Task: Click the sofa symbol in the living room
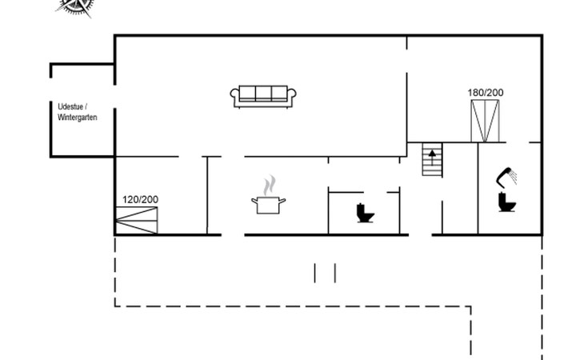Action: (x=263, y=97)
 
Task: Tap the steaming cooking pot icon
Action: (x=268, y=194)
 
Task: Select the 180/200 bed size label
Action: (x=486, y=93)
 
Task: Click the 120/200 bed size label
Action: (x=141, y=199)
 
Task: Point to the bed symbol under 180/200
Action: (x=485, y=121)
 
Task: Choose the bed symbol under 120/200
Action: (x=137, y=220)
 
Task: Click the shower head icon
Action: (x=506, y=177)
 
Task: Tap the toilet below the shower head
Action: (x=507, y=202)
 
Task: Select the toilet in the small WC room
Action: (x=365, y=213)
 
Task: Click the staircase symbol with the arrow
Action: (x=432, y=159)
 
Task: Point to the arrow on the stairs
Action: (x=432, y=158)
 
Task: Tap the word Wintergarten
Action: (x=77, y=118)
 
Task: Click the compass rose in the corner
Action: (x=76, y=7)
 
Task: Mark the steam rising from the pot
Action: (x=270, y=186)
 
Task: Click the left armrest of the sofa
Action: (x=234, y=96)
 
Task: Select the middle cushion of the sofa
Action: (x=263, y=93)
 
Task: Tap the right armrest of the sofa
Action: (x=292, y=96)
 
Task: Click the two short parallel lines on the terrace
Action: (x=325, y=273)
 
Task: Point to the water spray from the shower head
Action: (x=514, y=176)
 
